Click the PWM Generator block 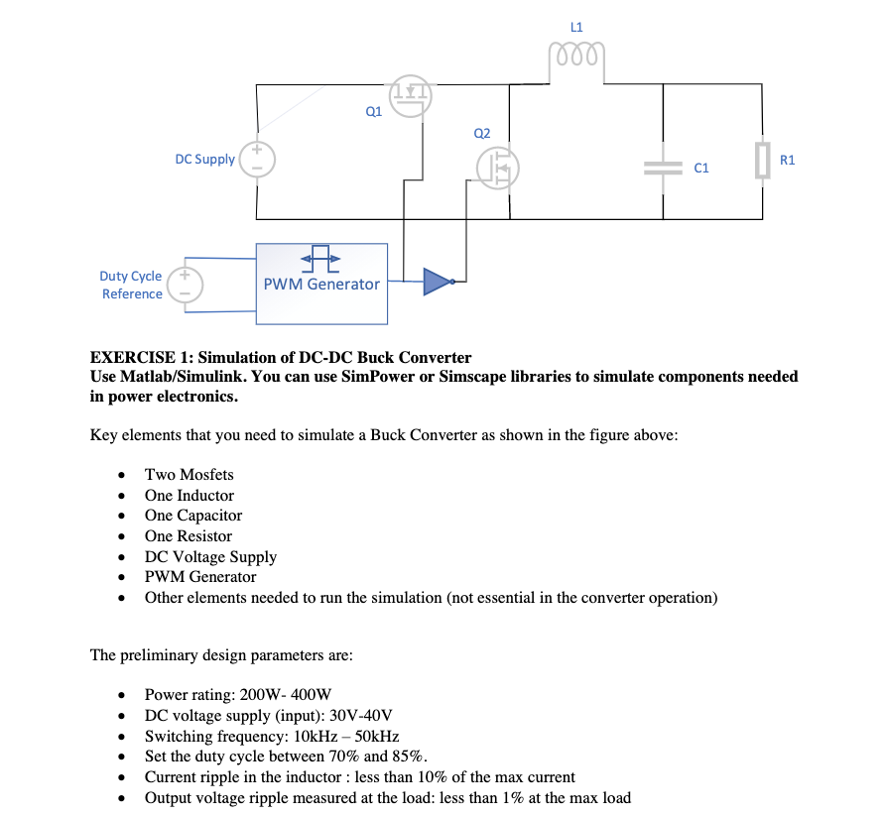(321, 284)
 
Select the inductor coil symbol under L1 (576, 56)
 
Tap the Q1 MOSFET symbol (410, 96)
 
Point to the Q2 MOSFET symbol (498, 168)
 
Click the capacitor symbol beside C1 (664, 168)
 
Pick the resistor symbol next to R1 (762, 161)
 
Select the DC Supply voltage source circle (257, 160)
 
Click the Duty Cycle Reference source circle (185, 285)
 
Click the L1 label (576, 27)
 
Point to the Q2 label (482, 133)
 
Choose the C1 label (701, 168)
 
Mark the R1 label (787, 160)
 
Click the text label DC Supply (204, 160)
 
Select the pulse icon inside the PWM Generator (320, 259)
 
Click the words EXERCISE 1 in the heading (133, 358)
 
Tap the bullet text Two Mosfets (189, 475)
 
